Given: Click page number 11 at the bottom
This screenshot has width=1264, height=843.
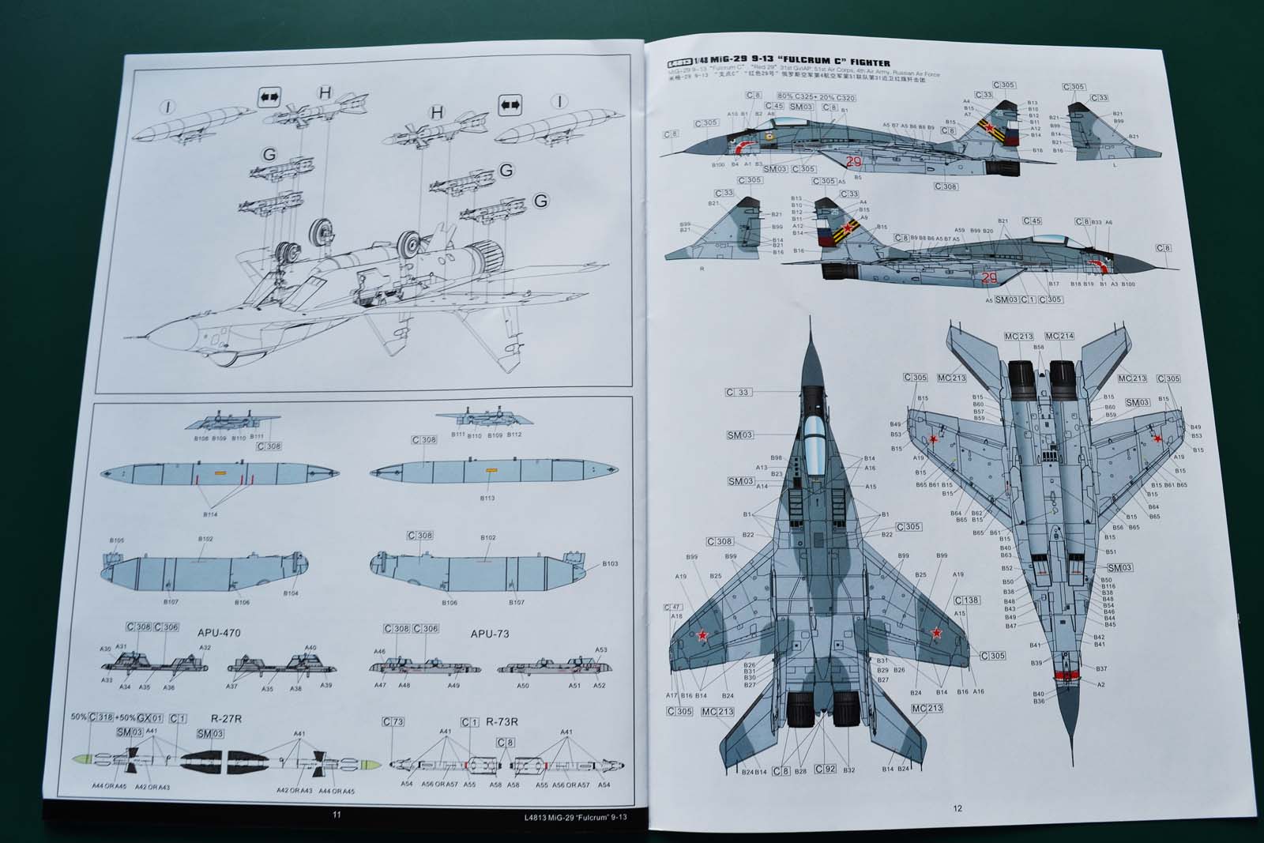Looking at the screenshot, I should [337, 815].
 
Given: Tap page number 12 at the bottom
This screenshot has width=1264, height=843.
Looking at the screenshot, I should [957, 807].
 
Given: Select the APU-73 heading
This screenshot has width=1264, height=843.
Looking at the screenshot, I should [489, 634].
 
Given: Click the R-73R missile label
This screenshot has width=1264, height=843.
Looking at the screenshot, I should [502, 722].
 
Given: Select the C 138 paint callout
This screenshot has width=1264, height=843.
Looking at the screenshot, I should [967, 600].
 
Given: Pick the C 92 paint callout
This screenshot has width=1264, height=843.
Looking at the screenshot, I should [825, 769].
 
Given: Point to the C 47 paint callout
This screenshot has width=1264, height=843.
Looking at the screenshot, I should [674, 608].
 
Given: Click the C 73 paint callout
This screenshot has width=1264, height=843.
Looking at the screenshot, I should [393, 722].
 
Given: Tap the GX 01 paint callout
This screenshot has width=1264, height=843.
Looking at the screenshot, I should [149, 717].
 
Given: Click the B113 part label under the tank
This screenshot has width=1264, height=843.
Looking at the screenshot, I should [487, 499].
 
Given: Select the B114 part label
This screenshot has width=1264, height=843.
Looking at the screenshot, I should [210, 514].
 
